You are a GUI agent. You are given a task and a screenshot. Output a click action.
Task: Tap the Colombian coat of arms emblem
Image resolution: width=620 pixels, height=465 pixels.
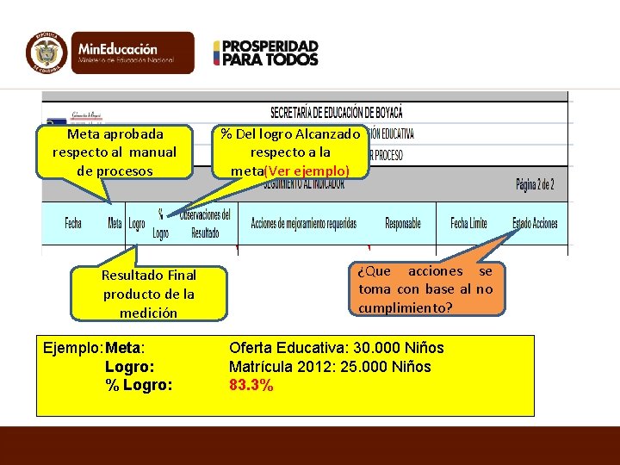tap(46, 53)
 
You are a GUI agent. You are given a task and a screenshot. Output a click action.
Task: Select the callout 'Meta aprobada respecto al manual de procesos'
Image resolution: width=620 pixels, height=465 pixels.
tap(115, 152)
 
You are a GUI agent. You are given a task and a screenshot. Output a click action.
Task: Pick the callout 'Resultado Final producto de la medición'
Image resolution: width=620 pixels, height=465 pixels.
tap(148, 294)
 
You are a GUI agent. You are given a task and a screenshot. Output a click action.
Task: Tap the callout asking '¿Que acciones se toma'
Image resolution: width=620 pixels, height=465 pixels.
tap(425, 289)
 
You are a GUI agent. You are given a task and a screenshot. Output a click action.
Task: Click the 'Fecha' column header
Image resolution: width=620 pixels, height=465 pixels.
tap(73, 224)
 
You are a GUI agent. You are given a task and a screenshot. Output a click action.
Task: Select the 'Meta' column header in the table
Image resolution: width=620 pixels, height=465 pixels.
tap(115, 224)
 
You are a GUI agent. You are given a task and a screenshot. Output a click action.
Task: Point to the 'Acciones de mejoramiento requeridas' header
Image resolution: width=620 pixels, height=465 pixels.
tap(303, 224)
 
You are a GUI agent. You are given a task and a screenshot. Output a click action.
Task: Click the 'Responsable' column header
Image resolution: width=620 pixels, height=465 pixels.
tap(403, 224)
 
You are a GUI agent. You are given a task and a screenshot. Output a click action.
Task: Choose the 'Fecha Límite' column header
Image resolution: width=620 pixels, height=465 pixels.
tap(468, 224)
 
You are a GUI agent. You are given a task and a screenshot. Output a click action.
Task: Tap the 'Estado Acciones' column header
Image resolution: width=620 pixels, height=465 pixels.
tap(535, 224)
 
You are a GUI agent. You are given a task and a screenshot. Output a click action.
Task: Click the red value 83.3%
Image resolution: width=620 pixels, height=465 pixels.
tap(251, 385)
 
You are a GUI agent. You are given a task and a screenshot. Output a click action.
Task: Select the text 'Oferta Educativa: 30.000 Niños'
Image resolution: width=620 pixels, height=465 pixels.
tap(336, 348)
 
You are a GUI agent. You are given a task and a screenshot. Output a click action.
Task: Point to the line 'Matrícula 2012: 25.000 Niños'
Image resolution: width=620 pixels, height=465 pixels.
tap(330, 367)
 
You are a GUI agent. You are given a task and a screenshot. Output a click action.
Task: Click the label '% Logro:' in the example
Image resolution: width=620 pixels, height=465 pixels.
tap(139, 385)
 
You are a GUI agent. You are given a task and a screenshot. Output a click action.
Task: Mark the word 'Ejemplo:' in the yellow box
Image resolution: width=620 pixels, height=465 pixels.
tap(72, 348)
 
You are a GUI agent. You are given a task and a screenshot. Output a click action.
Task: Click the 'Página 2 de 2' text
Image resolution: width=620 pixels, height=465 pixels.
tap(535, 184)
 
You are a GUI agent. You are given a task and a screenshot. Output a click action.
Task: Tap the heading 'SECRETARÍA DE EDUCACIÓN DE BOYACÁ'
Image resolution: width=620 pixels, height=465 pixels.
tap(337, 113)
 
